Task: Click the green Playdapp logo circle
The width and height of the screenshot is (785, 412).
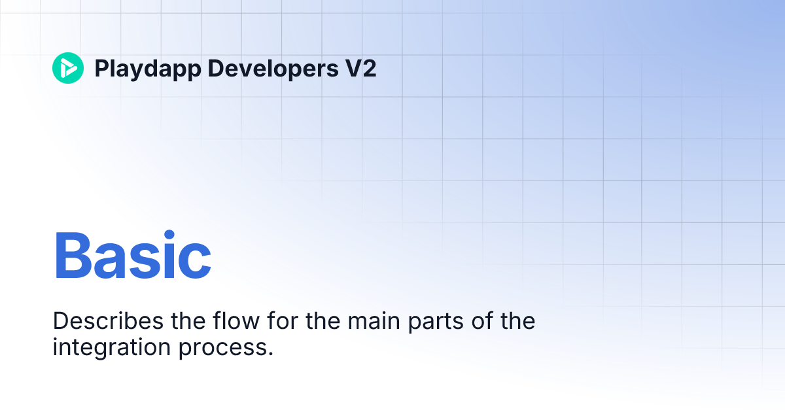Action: coord(68,68)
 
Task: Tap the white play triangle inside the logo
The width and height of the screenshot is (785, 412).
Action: coord(69,68)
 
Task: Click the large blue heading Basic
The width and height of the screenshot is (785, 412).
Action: coord(132,256)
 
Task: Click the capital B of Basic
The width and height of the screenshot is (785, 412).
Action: coord(72,256)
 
